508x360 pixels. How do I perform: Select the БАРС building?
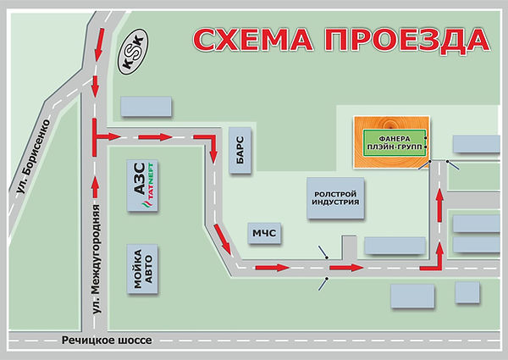(239, 150)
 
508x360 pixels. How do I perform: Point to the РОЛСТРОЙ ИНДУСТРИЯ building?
(333, 197)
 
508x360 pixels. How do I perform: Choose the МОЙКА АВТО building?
(142, 270)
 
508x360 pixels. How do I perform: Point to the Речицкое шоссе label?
(107, 340)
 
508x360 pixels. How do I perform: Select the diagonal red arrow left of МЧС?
(223, 241)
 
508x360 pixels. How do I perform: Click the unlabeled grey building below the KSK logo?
(146, 107)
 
